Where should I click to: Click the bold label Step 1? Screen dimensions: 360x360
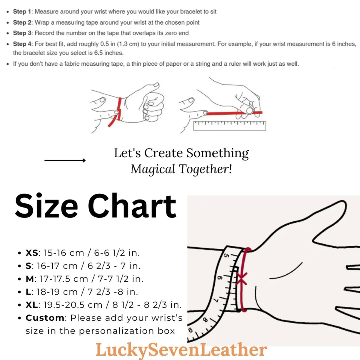pyautogui.click(x=22, y=12)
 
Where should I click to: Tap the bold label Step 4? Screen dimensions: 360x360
pyautogui.click(x=22, y=44)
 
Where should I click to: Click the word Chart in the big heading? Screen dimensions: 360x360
pyautogui.click(x=132, y=206)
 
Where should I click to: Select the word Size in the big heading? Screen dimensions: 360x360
pyautogui.click(x=46, y=206)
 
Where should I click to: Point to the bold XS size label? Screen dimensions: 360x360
pyautogui.click(x=32, y=253)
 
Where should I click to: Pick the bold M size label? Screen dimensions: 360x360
pyautogui.click(x=30, y=279)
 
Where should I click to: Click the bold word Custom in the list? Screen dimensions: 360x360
pyautogui.click(x=45, y=318)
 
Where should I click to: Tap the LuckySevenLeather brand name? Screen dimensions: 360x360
pyautogui.click(x=181, y=350)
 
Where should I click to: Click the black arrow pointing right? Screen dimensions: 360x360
pyautogui.click(x=65, y=160)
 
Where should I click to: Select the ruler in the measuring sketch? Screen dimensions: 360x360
pyautogui.click(x=229, y=126)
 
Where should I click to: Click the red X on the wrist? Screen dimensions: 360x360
pyautogui.click(x=241, y=279)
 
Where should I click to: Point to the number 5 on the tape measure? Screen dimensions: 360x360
pyautogui.click(x=227, y=256)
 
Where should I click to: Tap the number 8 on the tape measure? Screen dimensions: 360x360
pyautogui.click(x=205, y=320)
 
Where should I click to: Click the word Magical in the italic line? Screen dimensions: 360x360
pyautogui.click(x=153, y=169)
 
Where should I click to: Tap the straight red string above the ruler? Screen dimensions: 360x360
pyautogui.click(x=234, y=113)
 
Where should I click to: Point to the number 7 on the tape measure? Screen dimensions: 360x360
pyautogui.click(x=215, y=299)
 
